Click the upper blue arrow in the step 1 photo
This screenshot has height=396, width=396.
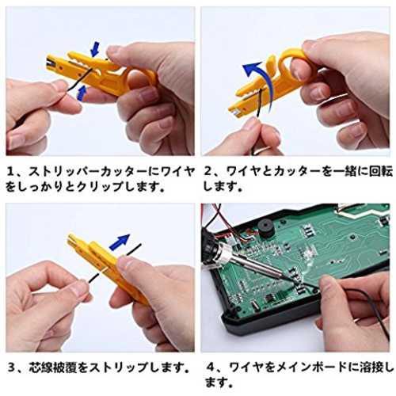coord(95,49)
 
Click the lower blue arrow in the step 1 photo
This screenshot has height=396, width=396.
coord(82,93)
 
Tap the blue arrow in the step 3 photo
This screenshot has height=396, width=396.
coord(120,241)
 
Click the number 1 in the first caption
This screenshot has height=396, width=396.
coord(11,172)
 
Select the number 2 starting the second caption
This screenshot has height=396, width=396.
coord(208,172)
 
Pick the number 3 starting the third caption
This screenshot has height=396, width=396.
coord(12,367)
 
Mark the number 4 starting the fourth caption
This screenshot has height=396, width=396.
coord(211,367)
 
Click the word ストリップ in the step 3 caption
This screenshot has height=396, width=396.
coord(118,367)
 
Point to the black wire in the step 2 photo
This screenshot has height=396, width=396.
coord(258,105)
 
